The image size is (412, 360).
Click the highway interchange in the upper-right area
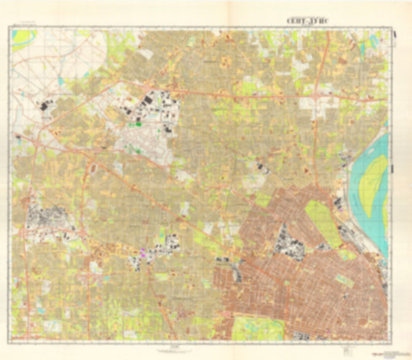[315, 100]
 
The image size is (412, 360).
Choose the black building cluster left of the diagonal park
[289, 241]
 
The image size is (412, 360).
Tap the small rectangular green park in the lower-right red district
[344, 283]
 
